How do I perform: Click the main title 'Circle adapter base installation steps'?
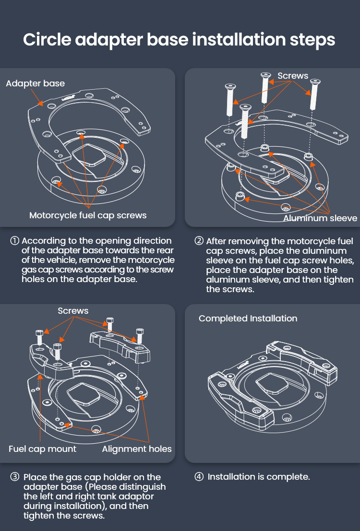point(180,39)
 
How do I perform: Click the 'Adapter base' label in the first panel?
point(35,83)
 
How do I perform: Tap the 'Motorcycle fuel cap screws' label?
point(88,215)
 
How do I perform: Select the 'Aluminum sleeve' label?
point(320,218)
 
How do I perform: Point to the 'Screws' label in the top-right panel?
point(293,76)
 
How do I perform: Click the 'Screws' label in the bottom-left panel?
point(73,311)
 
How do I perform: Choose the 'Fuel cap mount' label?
point(42,449)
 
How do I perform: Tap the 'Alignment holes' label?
point(137,449)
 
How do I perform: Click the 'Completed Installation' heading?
point(248,319)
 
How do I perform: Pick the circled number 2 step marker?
point(199,241)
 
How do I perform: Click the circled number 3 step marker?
point(15,477)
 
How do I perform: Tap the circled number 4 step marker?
point(199,477)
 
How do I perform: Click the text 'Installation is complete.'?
point(259,477)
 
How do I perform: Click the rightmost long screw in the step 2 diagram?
point(314,96)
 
